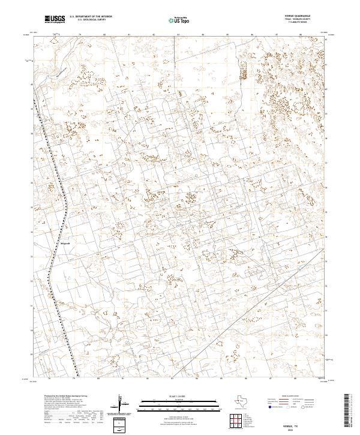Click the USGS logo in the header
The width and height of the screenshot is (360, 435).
point(55,19)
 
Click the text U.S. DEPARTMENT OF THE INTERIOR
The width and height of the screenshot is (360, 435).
point(89,17)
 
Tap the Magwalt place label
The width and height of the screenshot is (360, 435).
point(65,244)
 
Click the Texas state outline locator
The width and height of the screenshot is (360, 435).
point(243,400)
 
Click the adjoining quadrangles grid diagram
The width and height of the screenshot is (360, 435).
point(236,420)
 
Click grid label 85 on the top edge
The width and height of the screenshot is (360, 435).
point(228,35)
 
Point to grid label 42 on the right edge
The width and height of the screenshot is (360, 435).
point(326,40)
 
